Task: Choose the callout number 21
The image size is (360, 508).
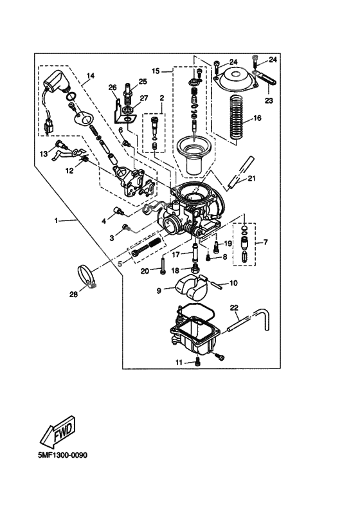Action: point(251,178)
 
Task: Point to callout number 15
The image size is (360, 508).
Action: point(156,69)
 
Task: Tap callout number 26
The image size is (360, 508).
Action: point(112,88)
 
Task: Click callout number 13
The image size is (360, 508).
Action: point(44,154)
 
